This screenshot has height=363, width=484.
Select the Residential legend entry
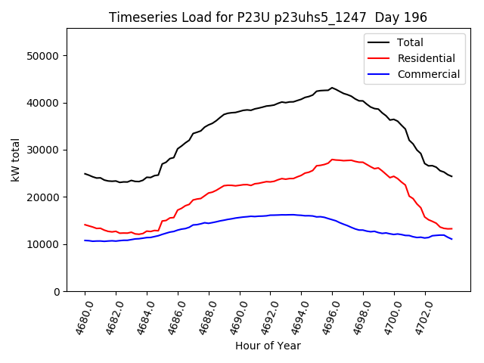[427, 58]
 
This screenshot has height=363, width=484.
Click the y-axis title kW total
[16, 160]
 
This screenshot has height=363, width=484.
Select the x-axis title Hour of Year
[268, 346]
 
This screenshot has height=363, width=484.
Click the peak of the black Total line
[331, 88]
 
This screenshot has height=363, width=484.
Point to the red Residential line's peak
[333, 160]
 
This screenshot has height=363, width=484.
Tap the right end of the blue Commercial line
[451, 239]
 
